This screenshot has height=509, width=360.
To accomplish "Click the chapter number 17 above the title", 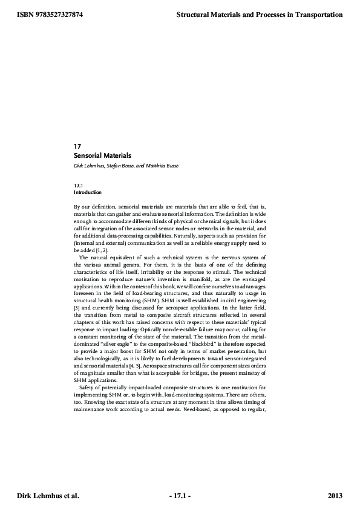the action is (77, 146).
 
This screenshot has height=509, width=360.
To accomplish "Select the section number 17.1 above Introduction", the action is (78, 186).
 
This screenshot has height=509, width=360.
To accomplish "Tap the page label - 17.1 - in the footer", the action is (180, 496).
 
